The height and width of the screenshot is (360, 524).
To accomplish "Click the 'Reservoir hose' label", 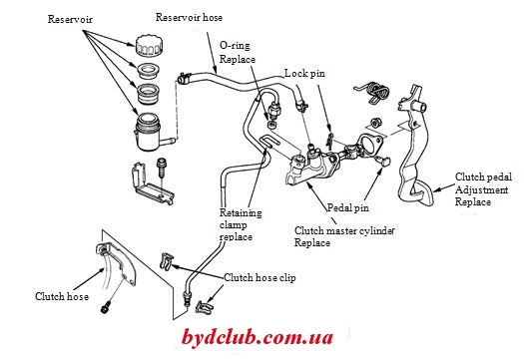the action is pos(189,17).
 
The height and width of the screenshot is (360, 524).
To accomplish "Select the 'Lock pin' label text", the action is pos(304,73).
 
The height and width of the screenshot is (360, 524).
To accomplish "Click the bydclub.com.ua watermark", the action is pos(258,338).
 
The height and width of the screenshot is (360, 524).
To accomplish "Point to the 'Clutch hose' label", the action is pos(62,296).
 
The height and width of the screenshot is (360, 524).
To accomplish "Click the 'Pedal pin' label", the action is pos(348,207).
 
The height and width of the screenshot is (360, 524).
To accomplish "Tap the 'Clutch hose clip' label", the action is pos(260,277).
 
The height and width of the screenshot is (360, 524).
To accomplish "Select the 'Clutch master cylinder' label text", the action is pos(344,230).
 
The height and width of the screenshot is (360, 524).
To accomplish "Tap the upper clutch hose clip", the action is pos(166,261).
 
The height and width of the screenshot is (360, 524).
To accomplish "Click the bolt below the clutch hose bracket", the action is pos(105,307).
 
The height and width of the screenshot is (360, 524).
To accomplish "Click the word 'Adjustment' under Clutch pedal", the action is pos(481,190).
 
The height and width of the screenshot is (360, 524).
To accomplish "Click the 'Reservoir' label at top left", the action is pos(70,19).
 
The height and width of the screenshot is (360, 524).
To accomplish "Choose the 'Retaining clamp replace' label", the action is pos(241,224).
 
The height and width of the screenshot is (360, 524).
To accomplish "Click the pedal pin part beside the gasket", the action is pos(383,161).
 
